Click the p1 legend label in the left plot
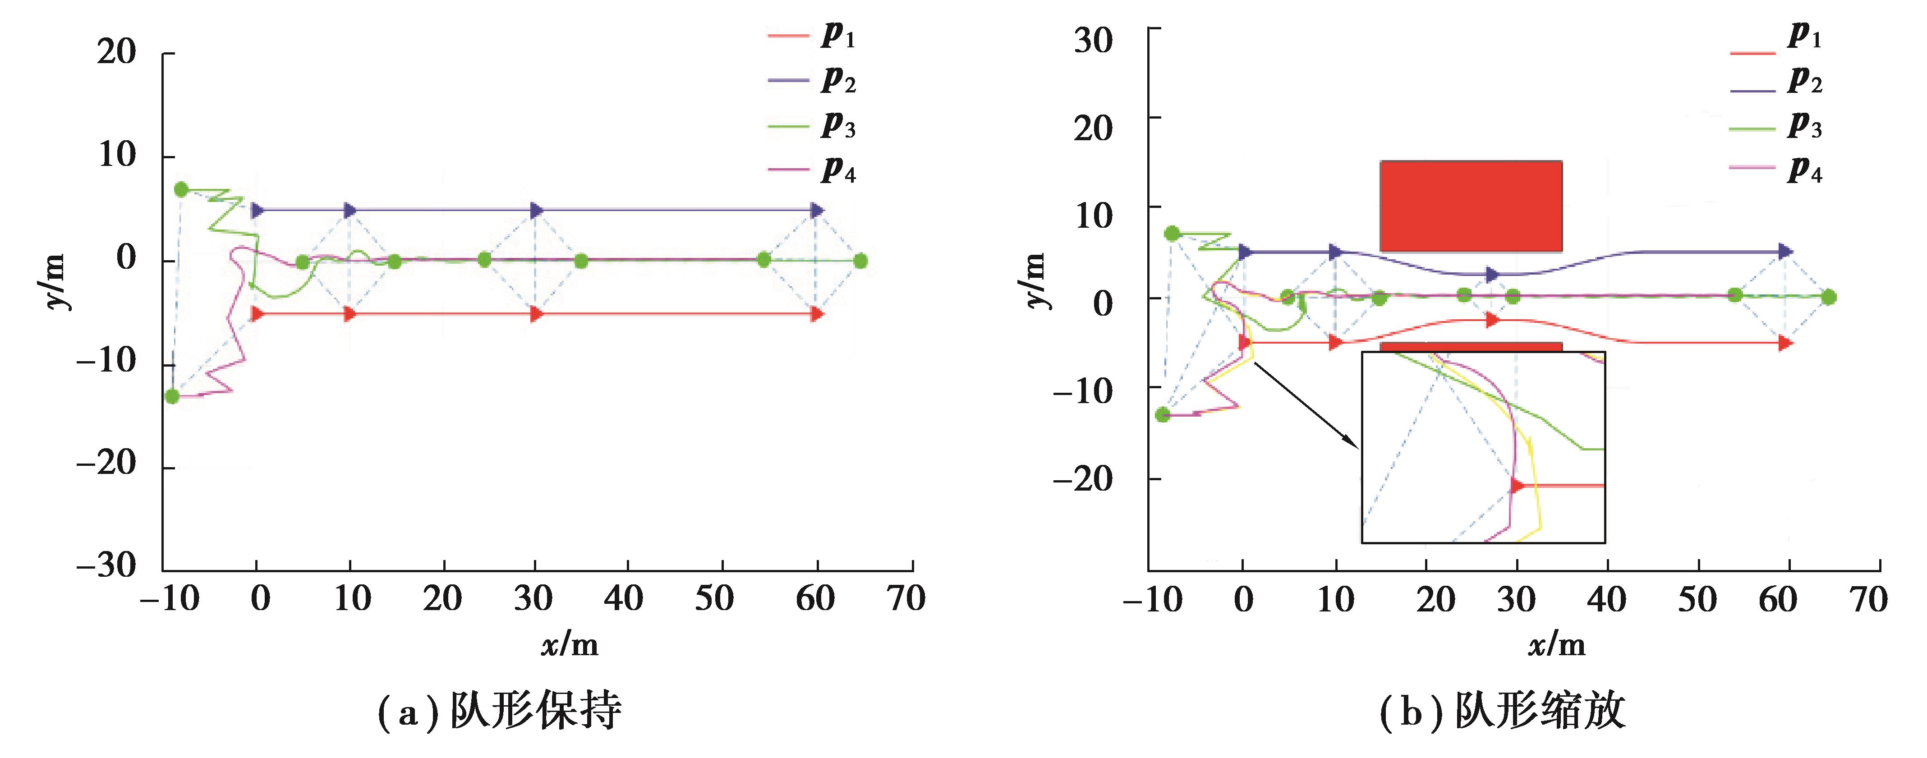pyautogui.click(x=838, y=36)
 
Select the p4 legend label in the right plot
pyautogui.click(x=1804, y=170)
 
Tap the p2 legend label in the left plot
pyautogui.click(x=838, y=81)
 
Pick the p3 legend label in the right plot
pyautogui.click(x=1804, y=126)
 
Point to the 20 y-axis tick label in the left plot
pyautogui.click(x=117, y=52)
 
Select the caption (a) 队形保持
pyautogui.click(x=500, y=711)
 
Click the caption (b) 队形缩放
pyautogui.click(x=1502, y=711)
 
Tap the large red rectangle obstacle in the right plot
pyautogui.click(x=1471, y=206)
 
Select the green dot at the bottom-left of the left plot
pyautogui.click(x=173, y=396)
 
